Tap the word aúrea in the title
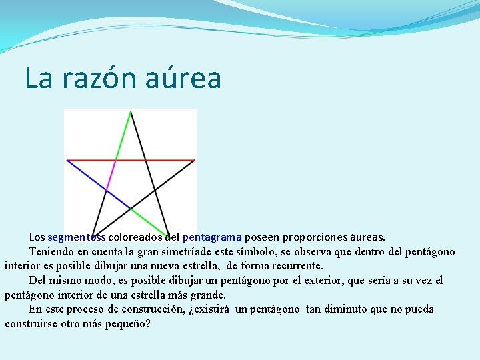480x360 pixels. coord(188,79)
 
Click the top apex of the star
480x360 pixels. coord(131,112)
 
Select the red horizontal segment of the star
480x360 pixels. coord(153,160)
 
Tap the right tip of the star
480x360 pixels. coord(194,160)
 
